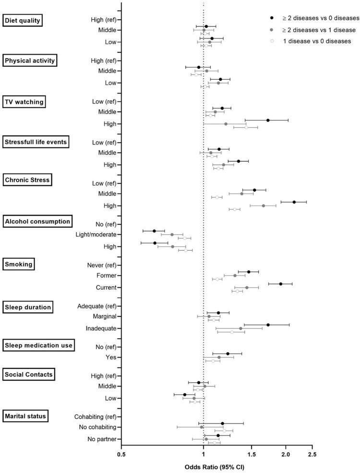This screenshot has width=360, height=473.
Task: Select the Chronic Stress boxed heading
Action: click(x=27, y=180)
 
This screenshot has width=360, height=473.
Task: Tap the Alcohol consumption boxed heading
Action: click(x=37, y=221)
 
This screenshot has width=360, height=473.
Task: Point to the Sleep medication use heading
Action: click(x=38, y=345)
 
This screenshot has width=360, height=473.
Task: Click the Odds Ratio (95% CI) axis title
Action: click(x=216, y=466)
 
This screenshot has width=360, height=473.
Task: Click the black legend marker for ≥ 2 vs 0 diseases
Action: click(x=272, y=18)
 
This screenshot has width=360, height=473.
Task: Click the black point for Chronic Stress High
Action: click(x=294, y=202)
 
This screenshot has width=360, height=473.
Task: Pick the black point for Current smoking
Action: click(x=281, y=284)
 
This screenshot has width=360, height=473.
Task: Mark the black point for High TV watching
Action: click(x=268, y=120)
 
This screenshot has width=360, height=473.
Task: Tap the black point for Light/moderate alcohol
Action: click(x=154, y=231)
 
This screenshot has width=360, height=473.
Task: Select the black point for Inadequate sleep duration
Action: click(x=268, y=325)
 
